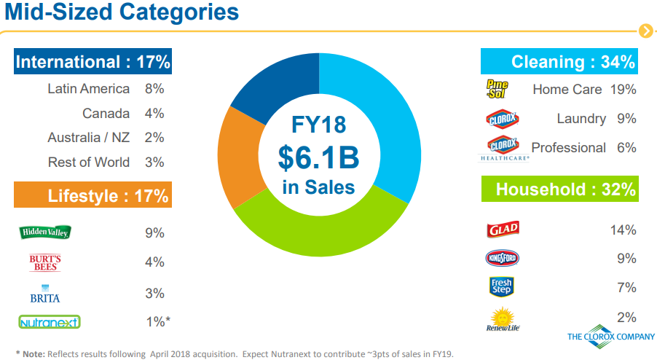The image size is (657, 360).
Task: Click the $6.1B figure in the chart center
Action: [x=318, y=157]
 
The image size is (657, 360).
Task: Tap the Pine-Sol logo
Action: [x=497, y=89]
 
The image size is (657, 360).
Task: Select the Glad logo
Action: [x=503, y=230]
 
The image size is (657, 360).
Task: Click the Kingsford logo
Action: [x=502, y=258]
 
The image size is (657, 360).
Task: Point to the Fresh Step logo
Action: [x=502, y=287]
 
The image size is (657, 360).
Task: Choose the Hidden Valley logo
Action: [x=45, y=232]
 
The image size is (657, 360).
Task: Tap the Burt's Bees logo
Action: [x=45, y=262]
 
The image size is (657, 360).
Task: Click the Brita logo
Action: [x=45, y=294]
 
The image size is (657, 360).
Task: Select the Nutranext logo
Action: [x=50, y=322]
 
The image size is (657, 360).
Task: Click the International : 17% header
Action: [x=93, y=62]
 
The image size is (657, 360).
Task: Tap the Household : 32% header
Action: [x=560, y=189]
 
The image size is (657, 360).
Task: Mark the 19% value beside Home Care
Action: [x=623, y=89]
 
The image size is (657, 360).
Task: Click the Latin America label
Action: [x=88, y=89]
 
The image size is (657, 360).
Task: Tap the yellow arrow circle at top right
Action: [x=646, y=31]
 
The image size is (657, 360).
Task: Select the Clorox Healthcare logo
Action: [x=503, y=148]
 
